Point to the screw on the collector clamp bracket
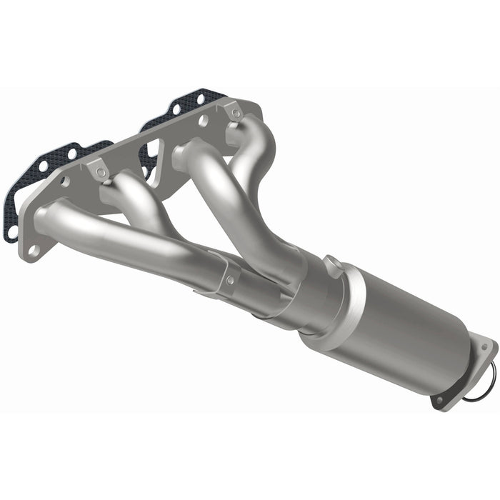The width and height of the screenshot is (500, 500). [x=229, y=280]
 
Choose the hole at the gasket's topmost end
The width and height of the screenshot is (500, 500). [x=201, y=97]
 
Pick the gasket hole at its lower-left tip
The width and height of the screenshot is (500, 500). [x=11, y=230]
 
